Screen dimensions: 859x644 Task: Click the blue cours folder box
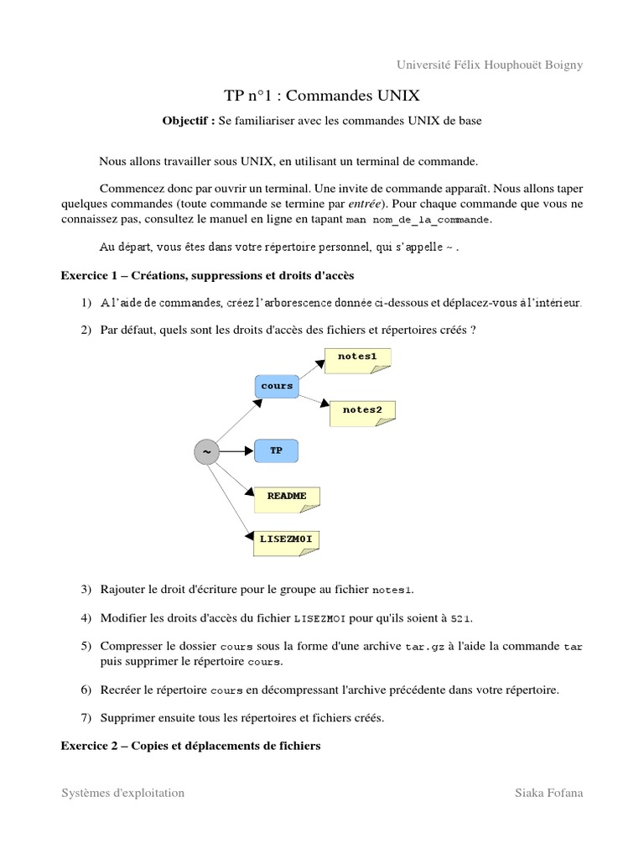tap(277, 386)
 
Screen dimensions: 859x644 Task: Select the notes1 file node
tap(357, 358)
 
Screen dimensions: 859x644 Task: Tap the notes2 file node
tap(362, 411)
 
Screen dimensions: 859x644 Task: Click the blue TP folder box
tap(276, 450)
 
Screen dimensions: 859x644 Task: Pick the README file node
tap(287, 497)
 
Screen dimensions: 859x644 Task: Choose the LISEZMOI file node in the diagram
tap(286, 540)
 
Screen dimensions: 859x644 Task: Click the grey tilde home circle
tap(205, 452)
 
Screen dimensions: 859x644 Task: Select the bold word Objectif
tap(188, 121)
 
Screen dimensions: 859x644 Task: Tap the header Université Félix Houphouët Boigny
tap(488, 65)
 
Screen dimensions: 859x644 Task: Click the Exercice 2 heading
tap(190, 744)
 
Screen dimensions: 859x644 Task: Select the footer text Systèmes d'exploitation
tap(123, 793)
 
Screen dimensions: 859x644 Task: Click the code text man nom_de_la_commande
tap(418, 220)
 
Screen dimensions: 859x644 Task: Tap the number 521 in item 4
tap(460, 619)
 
